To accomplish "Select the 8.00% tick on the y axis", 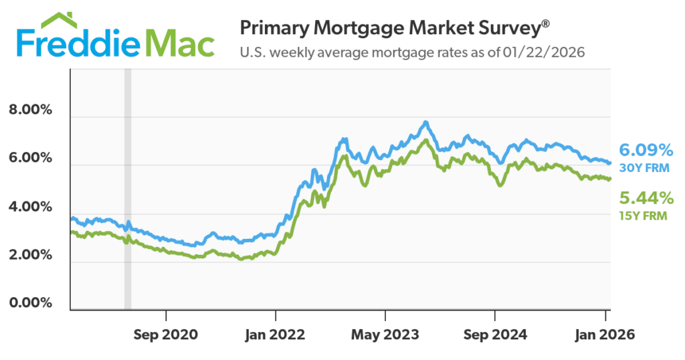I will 30,110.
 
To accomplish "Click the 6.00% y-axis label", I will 30,159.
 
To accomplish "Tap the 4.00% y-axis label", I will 30,207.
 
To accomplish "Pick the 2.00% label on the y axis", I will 30,255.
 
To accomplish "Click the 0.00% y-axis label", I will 30,302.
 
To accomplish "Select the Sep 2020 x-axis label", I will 166,333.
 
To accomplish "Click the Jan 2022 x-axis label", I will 276,333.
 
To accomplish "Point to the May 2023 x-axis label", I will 385,333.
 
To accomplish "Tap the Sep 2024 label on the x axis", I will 495,333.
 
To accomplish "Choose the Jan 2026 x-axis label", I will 605,333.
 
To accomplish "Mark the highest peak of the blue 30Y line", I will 425,122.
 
